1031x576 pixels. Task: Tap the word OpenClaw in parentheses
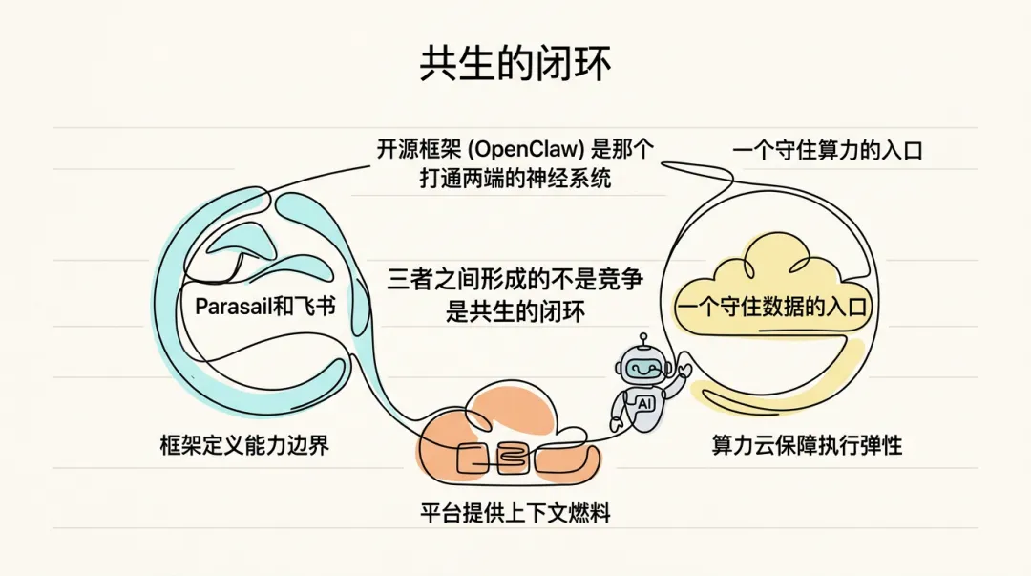tap(534, 150)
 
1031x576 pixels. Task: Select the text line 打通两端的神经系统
tap(515, 179)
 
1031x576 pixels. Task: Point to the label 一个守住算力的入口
tap(827, 150)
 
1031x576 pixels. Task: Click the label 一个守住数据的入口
tap(773, 308)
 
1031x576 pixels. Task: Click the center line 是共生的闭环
tap(515, 311)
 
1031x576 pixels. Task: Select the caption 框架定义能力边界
tap(244, 445)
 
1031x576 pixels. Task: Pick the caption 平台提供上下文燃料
tap(515, 513)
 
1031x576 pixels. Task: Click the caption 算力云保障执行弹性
tap(807, 445)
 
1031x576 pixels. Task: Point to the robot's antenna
tap(643, 339)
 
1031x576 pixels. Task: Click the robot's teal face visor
tap(642, 367)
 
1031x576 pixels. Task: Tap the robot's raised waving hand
tap(684, 367)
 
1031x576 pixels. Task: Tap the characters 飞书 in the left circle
tap(319, 308)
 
